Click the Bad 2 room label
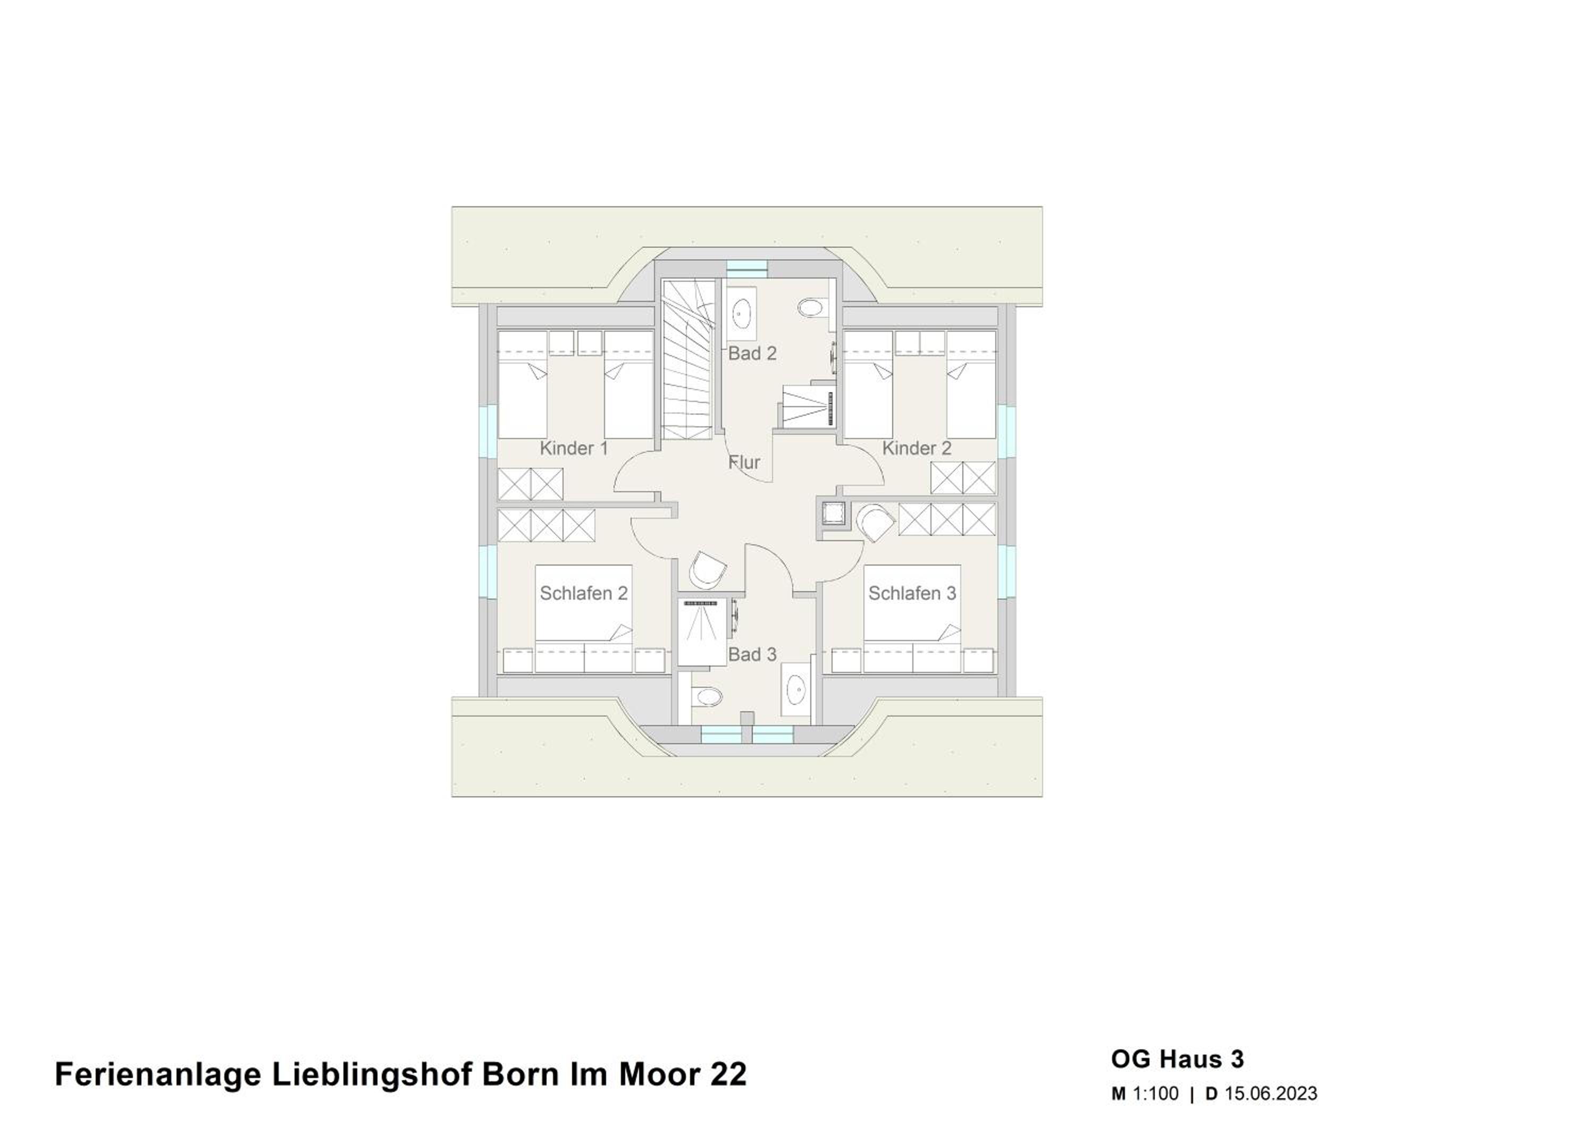[x=752, y=353]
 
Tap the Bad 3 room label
[x=752, y=654]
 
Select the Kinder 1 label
[x=574, y=448]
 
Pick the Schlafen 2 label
[x=584, y=593]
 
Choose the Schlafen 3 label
[x=912, y=593]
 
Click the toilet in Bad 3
[x=706, y=695]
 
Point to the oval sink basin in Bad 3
[x=795, y=689]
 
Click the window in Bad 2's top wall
[x=748, y=267]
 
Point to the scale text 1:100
[x=1156, y=1094]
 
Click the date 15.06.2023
[x=1271, y=1094]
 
